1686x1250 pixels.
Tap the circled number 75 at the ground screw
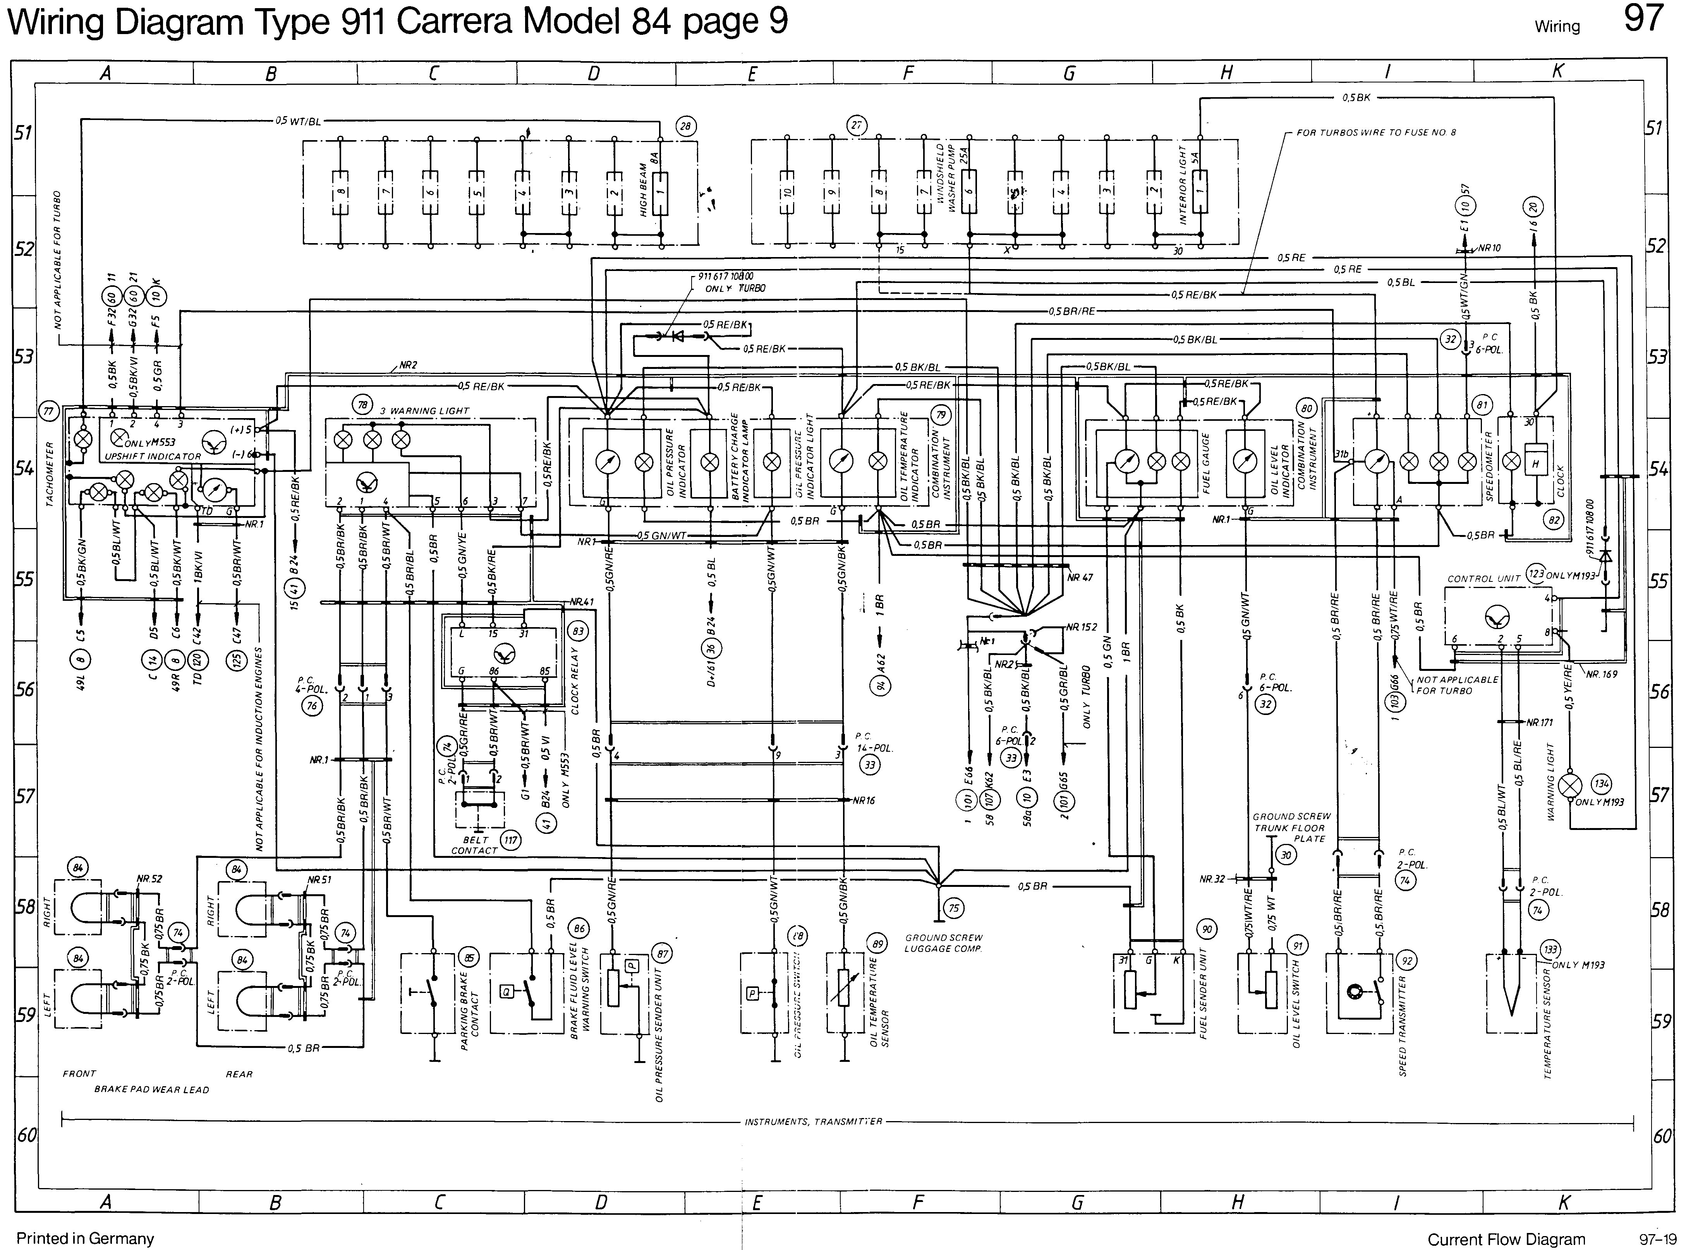click(x=955, y=908)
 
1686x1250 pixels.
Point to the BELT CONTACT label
click(x=474, y=845)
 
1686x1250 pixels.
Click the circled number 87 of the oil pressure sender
click(x=663, y=954)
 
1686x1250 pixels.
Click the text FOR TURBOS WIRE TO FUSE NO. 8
click(x=1376, y=132)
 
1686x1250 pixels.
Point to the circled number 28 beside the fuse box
click(x=686, y=126)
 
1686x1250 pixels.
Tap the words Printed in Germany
click(x=85, y=1239)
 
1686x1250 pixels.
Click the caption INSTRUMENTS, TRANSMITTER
click(x=814, y=1121)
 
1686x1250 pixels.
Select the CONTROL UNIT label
click(x=1483, y=578)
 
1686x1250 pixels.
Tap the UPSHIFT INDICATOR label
click(x=152, y=456)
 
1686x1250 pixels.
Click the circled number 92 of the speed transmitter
click(x=1407, y=961)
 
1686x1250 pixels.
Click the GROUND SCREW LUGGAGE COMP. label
click(x=943, y=943)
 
